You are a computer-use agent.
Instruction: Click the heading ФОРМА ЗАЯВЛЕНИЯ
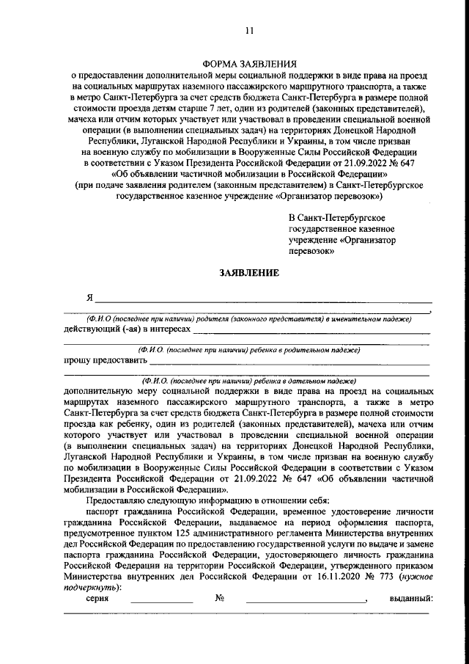[x=249, y=64]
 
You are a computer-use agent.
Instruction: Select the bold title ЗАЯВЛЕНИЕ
[x=249, y=273]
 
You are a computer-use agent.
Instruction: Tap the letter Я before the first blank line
[x=89, y=298]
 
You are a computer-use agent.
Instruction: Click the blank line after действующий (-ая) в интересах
[x=311, y=332]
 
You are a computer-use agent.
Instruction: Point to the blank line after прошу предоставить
[x=289, y=362]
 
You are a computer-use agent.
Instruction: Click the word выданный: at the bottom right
[x=412, y=598]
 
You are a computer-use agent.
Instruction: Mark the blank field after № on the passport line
[x=306, y=599]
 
